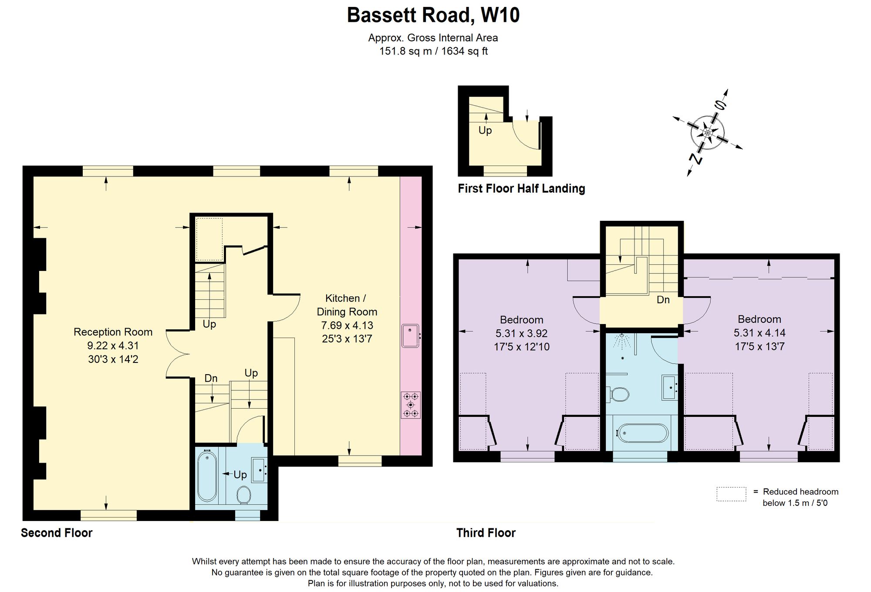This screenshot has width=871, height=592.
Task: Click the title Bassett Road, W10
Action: pos(433,15)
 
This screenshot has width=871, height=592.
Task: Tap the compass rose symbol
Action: pos(708,132)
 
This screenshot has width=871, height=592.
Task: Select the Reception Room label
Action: pos(113,332)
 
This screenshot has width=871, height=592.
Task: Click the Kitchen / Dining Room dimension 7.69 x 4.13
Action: pos(347,325)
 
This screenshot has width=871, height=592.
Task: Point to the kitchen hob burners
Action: pos(411,405)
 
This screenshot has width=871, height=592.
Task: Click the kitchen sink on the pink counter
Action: pos(410,335)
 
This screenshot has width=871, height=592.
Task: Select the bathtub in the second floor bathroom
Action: pos(207,476)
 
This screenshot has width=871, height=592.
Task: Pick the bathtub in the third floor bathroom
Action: pos(641,433)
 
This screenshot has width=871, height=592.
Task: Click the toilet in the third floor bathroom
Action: pos(618,395)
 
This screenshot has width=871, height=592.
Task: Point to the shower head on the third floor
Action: pos(622,340)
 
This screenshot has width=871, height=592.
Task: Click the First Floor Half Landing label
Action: pos(521,189)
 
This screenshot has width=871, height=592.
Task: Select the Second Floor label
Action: pos(57,533)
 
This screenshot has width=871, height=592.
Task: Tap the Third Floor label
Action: pos(486,533)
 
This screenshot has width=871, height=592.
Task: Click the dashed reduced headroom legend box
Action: pos(731,494)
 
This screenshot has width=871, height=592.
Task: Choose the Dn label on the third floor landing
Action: pos(663,300)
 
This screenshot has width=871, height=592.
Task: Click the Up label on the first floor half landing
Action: pos(485,130)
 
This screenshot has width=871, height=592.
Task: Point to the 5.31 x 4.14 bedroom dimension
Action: pos(760,333)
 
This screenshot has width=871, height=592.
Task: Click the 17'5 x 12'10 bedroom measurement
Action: pos(522,347)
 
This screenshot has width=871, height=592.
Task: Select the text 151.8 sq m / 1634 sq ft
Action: pos(433,51)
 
